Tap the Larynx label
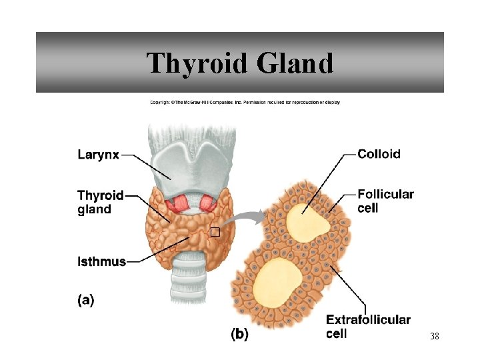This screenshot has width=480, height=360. tap(98, 155)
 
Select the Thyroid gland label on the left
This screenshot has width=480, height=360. tap(100, 202)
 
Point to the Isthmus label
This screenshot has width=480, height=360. tap(101, 261)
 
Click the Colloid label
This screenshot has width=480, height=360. tap(379, 154)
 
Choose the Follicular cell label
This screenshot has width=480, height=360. tap(385, 201)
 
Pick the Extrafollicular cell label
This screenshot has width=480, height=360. tap(368, 327)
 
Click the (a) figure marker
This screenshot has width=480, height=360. tap(85, 300)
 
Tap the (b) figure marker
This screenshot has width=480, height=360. tap(239, 335)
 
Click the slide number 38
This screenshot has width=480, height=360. tap(434, 337)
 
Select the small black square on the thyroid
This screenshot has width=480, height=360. tap(215, 232)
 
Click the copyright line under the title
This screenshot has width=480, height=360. tap(245, 102)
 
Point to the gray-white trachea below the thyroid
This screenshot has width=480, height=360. tap(189, 280)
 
